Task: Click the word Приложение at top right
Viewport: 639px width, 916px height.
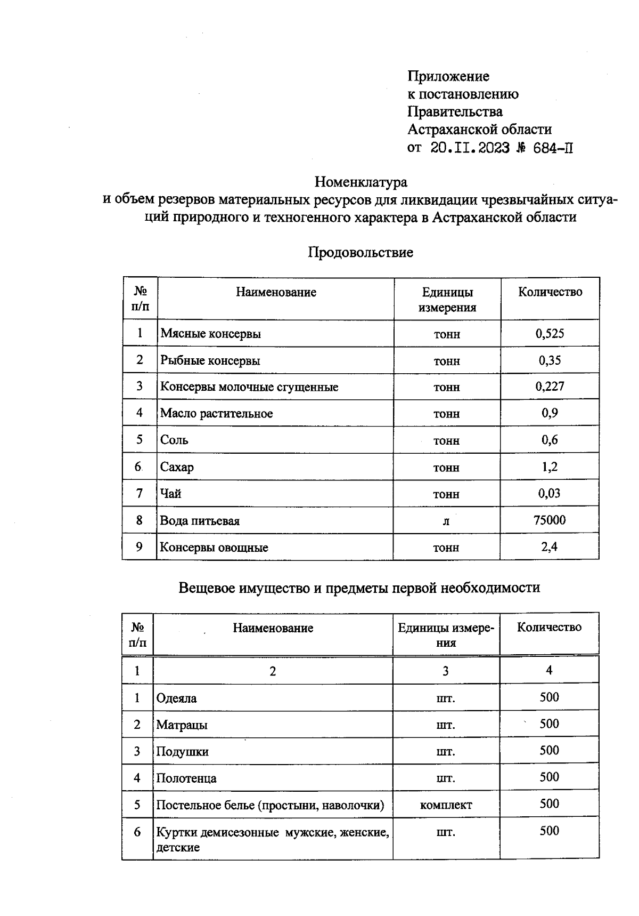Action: pos(448,76)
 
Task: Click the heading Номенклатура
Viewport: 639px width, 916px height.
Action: pos(361,182)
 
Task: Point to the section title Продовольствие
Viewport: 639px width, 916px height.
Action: pos(360,252)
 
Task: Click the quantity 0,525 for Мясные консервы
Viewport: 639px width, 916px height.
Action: pos(550,334)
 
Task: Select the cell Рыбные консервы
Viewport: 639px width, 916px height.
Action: pos(210,360)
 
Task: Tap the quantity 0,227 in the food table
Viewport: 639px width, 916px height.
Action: pos(550,387)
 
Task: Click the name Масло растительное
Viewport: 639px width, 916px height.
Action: pos(216,413)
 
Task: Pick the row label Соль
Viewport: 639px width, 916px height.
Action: pos(174,440)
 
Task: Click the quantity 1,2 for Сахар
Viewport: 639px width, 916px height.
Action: pos(550,467)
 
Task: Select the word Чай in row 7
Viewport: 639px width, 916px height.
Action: pos(171,494)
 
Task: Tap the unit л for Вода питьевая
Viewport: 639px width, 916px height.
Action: pos(446,521)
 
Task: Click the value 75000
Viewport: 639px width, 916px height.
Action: pos(550,520)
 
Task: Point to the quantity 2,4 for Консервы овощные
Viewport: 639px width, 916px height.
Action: pos(550,547)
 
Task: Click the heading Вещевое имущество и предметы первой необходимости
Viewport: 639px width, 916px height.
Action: pos(359,588)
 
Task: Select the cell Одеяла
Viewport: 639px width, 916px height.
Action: pos(176,698)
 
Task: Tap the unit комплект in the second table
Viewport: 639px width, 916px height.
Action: pos(446,805)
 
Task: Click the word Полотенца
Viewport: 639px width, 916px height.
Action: pos(186,778)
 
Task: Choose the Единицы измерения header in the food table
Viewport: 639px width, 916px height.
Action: pos(447,300)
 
